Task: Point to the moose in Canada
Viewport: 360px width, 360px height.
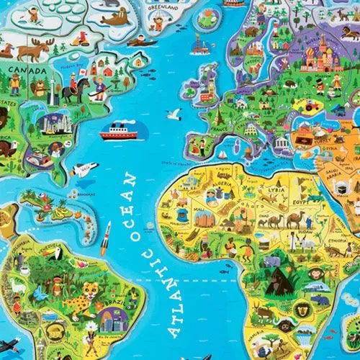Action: coord(34,50)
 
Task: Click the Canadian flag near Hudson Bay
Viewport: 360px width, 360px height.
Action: coord(82,71)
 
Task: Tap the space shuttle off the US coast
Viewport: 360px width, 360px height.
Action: coord(85,169)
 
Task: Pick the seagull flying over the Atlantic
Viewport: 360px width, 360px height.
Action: coord(174,114)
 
